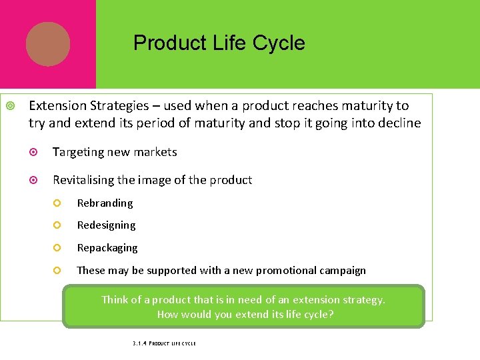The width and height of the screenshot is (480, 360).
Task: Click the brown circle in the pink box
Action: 48,44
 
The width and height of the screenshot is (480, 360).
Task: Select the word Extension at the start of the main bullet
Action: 57,105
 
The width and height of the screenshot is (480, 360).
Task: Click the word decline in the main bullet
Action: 399,123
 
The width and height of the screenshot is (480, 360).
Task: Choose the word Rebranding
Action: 105,203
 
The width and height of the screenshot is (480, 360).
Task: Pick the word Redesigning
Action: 106,225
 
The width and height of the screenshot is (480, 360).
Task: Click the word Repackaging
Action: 107,248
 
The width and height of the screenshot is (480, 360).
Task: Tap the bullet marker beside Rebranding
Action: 58,203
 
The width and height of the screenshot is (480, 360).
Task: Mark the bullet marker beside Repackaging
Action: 58,248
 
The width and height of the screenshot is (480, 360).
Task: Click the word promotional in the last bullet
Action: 273,271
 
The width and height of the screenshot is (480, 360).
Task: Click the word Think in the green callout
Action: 115,300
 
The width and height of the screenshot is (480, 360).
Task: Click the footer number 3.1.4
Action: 139,343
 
